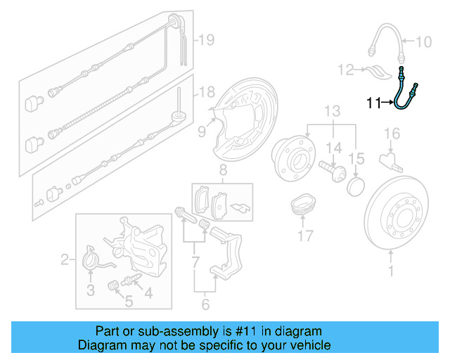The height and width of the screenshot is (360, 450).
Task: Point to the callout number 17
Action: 305,237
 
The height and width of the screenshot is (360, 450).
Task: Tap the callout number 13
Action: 332,110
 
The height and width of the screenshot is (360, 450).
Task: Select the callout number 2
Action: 65,260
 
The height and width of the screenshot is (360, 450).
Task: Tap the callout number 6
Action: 205,305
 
